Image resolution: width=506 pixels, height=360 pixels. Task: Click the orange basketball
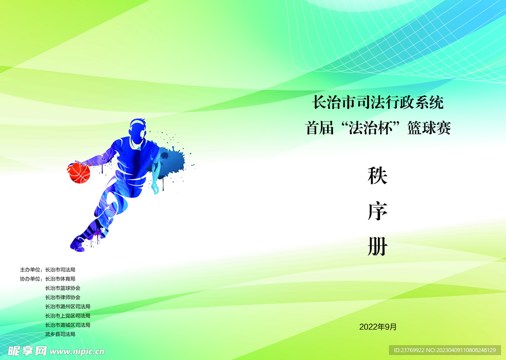(79, 173)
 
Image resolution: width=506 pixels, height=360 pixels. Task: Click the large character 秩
(377, 176)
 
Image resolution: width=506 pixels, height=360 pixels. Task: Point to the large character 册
(377, 247)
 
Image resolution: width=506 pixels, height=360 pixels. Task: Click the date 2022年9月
(378, 326)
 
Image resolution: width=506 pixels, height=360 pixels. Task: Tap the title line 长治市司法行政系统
(378, 103)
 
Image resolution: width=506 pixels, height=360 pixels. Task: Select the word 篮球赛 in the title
(429, 129)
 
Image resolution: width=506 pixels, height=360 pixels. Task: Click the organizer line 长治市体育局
(60, 278)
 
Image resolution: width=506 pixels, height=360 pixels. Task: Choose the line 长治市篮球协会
(63, 288)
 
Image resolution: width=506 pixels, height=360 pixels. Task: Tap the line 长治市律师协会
(63, 297)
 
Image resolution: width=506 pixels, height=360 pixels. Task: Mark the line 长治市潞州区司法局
(68, 307)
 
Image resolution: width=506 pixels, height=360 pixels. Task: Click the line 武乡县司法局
(60, 334)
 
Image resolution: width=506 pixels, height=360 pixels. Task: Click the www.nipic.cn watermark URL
(78, 352)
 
